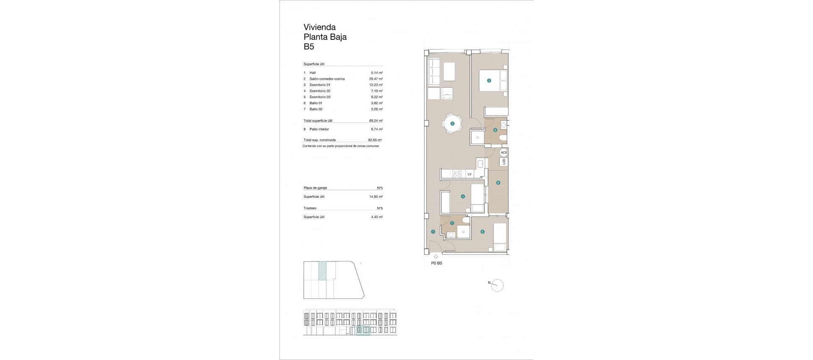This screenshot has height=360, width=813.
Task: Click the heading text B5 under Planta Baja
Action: pyautogui.click(x=309, y=47)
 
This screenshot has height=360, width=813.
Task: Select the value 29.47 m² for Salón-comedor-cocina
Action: pyautogui.click(x=376, y=79)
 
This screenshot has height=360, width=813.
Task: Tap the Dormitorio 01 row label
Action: pyautogui.click(x=320, y=85)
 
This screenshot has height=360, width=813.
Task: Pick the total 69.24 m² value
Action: pyautogui.click(x=376, y=121)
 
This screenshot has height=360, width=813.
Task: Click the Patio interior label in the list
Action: pyautogui.click(x=319, y=129)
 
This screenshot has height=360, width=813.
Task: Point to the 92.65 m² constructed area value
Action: pyautogui.click(x=375, y=140)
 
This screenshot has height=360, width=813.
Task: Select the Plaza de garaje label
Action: pyautogui.click(x=315, y=188)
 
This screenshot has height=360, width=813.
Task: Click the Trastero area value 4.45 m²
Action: pyautogui.click(x=376, y=217)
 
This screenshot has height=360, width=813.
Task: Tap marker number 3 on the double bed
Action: pyautogui.click(x=489, y=80)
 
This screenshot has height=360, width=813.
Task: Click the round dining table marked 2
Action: pyautogui.click(x=452, y=124)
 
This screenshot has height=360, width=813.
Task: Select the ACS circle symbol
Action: pyautogui.click(x=503, y=152)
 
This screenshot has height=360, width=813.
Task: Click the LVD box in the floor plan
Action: pyautogui.click(x=504, y=162)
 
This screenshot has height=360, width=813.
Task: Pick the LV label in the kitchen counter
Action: pyautogui.click(x=469, y=174)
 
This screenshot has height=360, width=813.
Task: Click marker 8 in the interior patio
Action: pyautogui.click(x=498, y=183)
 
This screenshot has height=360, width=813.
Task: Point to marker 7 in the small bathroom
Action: pyautogui.click(x=452, y=223)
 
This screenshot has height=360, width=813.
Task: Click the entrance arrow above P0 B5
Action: pyautogui.click(x=436, y=256)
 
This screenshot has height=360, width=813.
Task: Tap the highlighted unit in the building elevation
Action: pyautogui.click(x=363, y=330)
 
